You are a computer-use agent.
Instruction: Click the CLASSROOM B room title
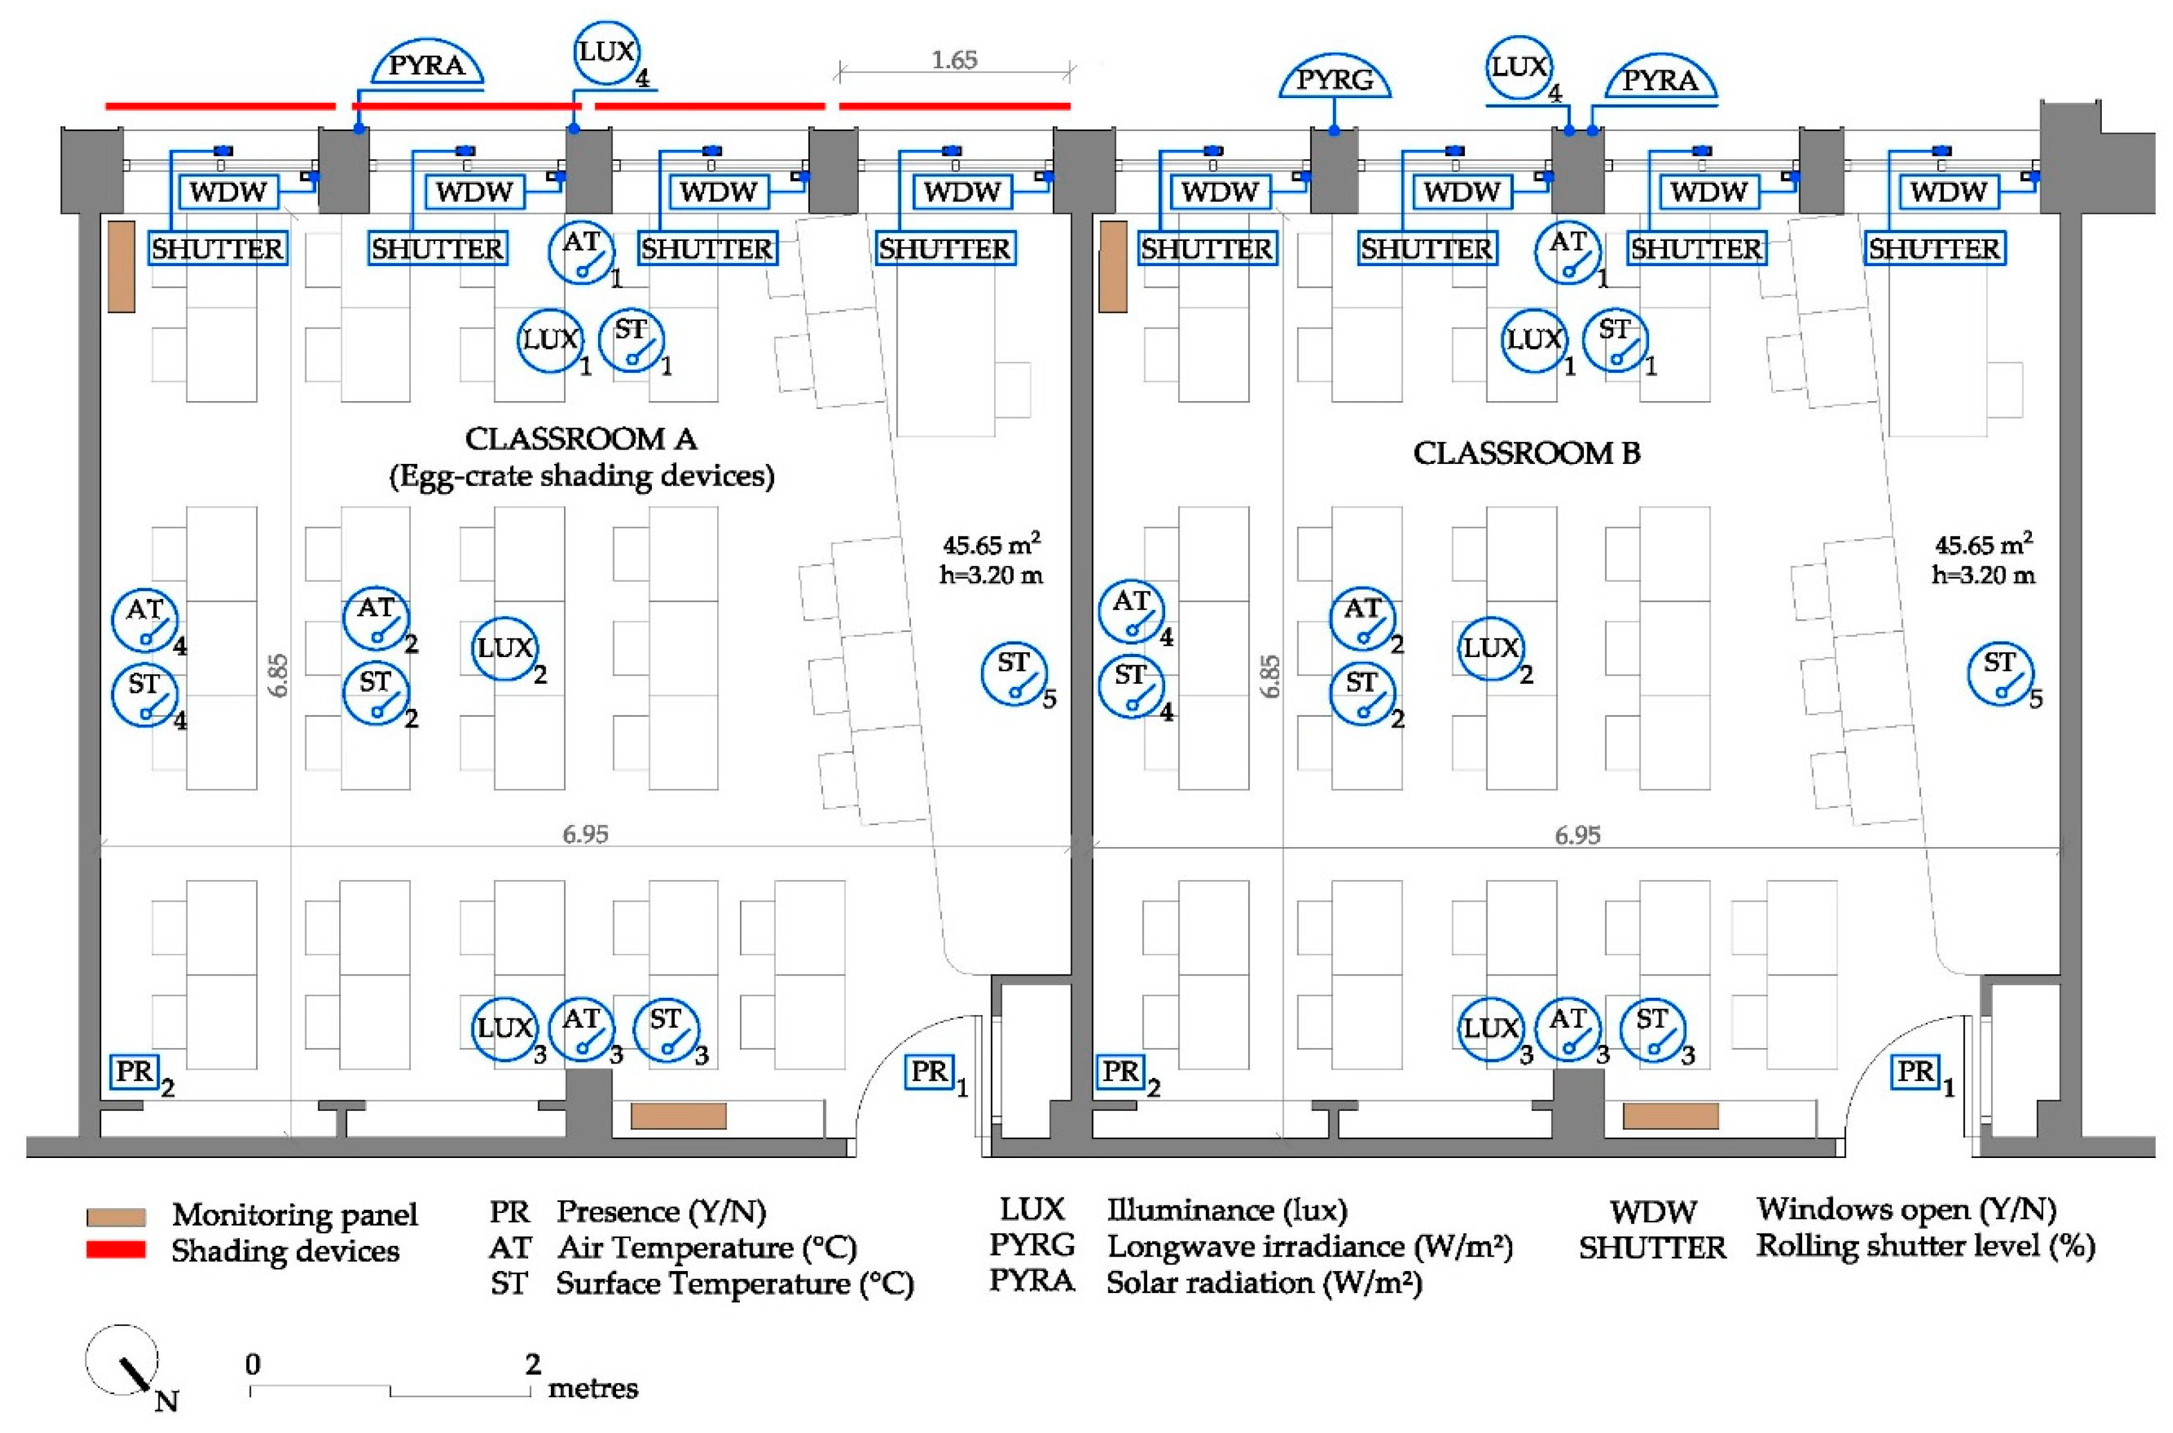coord(1526,453)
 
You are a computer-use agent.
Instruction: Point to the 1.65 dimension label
coord(955,60)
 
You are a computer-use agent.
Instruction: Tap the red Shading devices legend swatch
coord(116,1249)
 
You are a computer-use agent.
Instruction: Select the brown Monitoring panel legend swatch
coord(116,1217)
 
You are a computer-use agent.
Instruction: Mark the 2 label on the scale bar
coord(533,1364)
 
